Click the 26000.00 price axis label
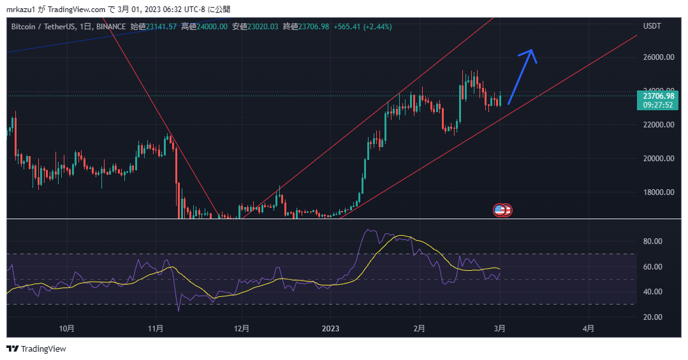coord(659,57)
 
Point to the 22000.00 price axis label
coord(659,125)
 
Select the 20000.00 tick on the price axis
coord(659,159)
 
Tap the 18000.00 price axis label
coord(659,192)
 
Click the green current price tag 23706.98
coord(659,96)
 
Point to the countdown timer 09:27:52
coord(659,104)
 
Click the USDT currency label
coord(652,26)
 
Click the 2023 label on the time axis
coord(330,329)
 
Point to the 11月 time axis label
coord(156,329)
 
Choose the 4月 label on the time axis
coord(589,329)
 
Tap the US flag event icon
coord(501,210)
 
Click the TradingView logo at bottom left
coord(36,349)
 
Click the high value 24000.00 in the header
coord(209,26)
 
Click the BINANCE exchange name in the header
coord(112,26)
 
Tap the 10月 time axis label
coord(66,329)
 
